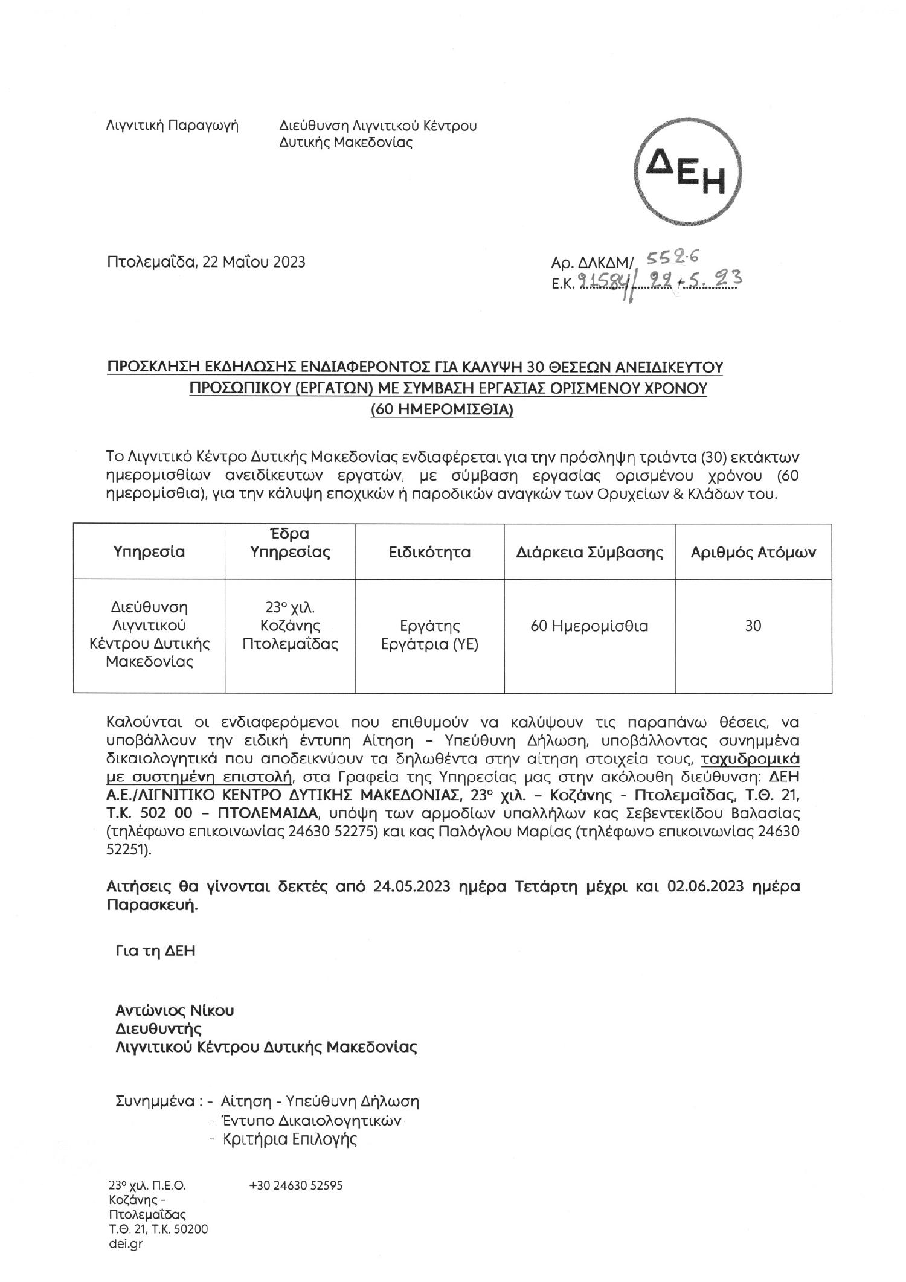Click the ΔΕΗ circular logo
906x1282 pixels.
[x=687, y=172]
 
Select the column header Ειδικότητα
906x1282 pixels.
[x=429, y=552]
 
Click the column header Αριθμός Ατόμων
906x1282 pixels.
[x=753, y=552]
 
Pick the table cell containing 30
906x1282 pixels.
[x=753, y=626]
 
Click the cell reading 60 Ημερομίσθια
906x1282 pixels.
[x=589, y=626]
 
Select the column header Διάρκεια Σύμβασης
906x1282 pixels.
[x=590, y=552]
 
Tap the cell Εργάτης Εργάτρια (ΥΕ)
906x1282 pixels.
[x=429, y=635]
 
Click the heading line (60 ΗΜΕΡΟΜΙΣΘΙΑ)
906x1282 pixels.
[x=442, y=410]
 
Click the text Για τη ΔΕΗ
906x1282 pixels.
[x=155, y=951]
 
